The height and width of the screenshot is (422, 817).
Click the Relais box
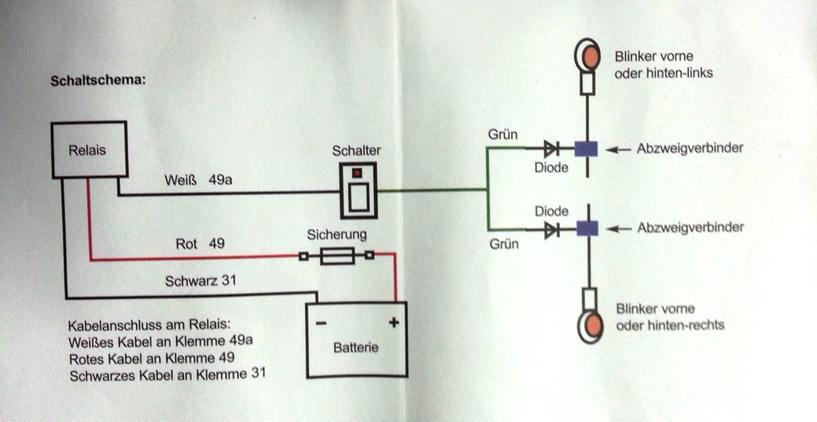[x=89, y=149]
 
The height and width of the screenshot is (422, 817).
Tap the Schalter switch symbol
[x=357, y=190]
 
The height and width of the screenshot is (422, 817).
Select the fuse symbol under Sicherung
[x=336, y=255]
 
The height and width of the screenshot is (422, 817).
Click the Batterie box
[x=356, y=338]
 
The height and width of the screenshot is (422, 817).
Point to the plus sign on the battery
[x=393, y=322]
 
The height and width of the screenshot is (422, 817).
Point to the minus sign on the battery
[x=321, y=324]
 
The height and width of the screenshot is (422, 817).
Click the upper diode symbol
[x=551, y=148]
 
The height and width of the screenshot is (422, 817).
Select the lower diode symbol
[x=551, y=230]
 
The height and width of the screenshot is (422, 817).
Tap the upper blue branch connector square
[x=586, y=148]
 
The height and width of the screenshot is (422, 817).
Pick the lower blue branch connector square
[x=586, y=229]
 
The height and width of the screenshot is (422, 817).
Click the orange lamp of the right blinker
[x=589, y=325]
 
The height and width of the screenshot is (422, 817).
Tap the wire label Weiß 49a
[x=198, y=180]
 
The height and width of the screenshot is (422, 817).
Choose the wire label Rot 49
[x=199, y=243]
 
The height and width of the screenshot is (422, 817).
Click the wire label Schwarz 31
[x=200, y=281]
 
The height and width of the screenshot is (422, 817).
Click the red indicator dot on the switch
[x=357, y=172]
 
